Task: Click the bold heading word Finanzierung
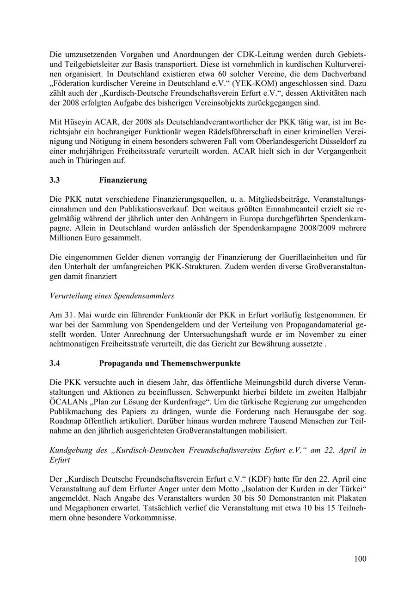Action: pos(123,180)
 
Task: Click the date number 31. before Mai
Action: pos(69,315)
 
